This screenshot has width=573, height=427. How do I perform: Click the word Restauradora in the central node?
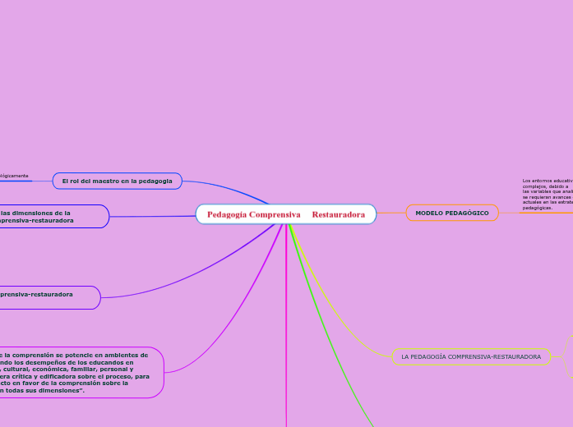[338, 214]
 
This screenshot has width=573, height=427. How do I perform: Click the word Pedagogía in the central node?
[227, 214]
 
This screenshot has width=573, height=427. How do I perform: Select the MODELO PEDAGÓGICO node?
[452, 213]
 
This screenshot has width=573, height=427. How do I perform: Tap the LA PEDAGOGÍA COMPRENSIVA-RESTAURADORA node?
[471, 357]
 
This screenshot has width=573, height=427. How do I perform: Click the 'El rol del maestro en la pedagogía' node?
[117, 181]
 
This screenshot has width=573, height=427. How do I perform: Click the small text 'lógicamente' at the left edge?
[14, 176]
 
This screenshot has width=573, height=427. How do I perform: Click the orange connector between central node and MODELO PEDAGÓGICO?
[391, 213]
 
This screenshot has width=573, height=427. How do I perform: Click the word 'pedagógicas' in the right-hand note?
[538, 209]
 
